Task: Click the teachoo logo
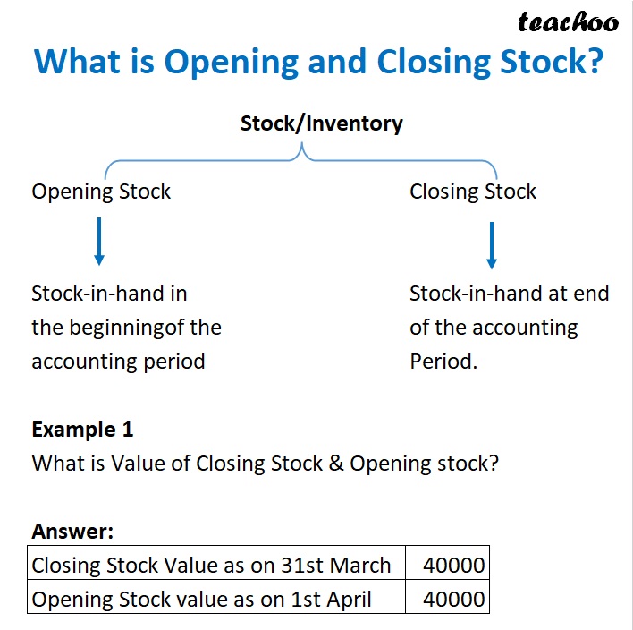568,21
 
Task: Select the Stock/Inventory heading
321,123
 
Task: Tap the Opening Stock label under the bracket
101,192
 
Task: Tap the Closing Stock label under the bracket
473,192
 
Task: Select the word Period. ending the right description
442,362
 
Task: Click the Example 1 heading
82,430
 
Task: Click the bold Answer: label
72,532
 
